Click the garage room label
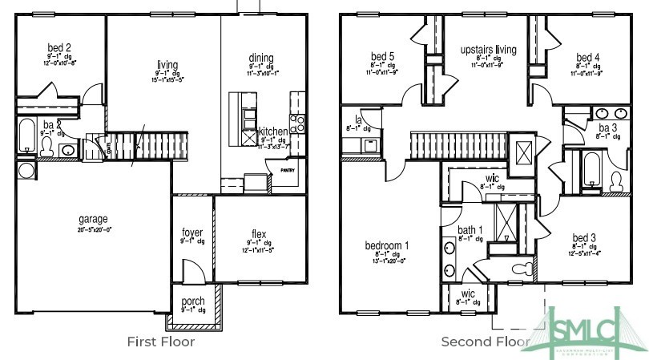point(93,219)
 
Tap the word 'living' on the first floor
point(167,66)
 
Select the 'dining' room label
point(260,58)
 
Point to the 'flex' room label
point(260,235)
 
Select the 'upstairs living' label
point(488,50)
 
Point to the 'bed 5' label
point(382,56)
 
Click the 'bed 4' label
point(587,57)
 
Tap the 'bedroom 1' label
point(387,245)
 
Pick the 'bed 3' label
point(584,238)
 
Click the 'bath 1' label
point(470,231)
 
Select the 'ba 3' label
point(607,128)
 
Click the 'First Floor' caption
point(161,342)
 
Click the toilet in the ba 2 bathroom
point(47,147)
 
